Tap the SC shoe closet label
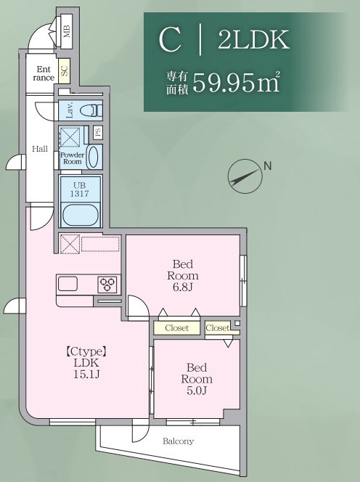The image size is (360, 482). click(x=64, y=70)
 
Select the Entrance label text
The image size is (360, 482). click(x=43, y=73)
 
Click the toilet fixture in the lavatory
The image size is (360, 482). click(x=89, y=111)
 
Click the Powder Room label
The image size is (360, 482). click(x=72, y=158)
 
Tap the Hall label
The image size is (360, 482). click(x=39, y=148)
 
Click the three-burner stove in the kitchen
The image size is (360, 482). click(x=108, y=283)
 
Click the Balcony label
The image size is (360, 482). click(x=178, y=441)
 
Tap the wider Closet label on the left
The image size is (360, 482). click(x=176, y=328)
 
